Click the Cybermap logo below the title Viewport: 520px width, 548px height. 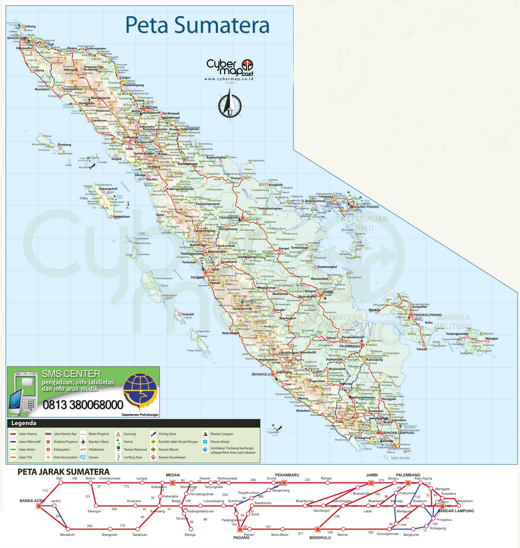pyautogui.click(x=229, y=68)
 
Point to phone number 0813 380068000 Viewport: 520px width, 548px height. pyautogui.click(x=83, y=405)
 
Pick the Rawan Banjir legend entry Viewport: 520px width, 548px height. pyautogui.click(x=220, y=441)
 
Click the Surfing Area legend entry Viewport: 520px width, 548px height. pyautogui.click(x=132, y=457)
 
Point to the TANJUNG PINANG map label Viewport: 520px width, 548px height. pyautogui.click(x=364, y=207)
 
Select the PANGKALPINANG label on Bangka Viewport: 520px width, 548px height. pyautogui.click(x=427, y=315)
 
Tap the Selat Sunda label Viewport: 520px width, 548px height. pyautogui.click(x=400, y=458)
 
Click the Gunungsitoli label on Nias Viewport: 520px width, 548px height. pyautogui.click(x=108, y=189)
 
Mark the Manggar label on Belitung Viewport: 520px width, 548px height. pyautogui.click(x=492, y=338)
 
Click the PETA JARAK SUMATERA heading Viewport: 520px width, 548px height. pyautogui.click(x=63, y=472)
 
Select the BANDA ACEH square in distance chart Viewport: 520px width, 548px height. pyautogui.click(x=39, y=506)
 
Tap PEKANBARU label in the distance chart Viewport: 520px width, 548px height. pyautogui.click(x=287, y=475)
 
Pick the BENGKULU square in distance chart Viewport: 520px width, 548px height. pyautogui.click(x=317, y=530)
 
